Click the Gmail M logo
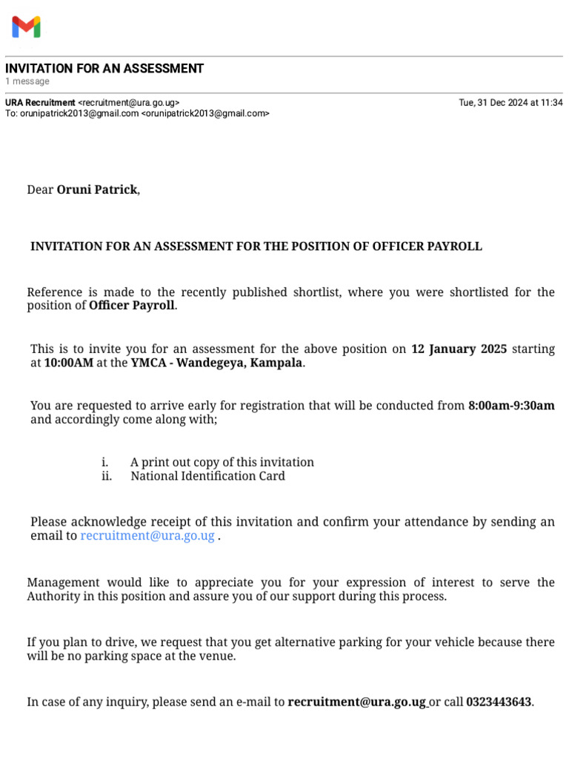[26, 27]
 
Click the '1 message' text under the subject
[27, 81]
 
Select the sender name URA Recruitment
[40, 103]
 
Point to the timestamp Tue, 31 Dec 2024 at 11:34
[510, 103]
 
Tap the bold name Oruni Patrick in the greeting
[97, 190]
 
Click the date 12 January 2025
[459, 349]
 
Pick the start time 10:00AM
[69, 363]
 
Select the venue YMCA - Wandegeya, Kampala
[217, 363]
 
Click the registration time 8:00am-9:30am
[511, 406]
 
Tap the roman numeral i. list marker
[105, 463]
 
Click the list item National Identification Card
[207, 477]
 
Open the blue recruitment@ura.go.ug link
[147, 536]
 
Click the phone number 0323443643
[499, 702]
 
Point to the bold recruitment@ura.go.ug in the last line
[357, 702]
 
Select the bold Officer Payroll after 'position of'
[132, 306]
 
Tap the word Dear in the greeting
[40, 190]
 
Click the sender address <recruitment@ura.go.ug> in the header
[128, 103]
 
